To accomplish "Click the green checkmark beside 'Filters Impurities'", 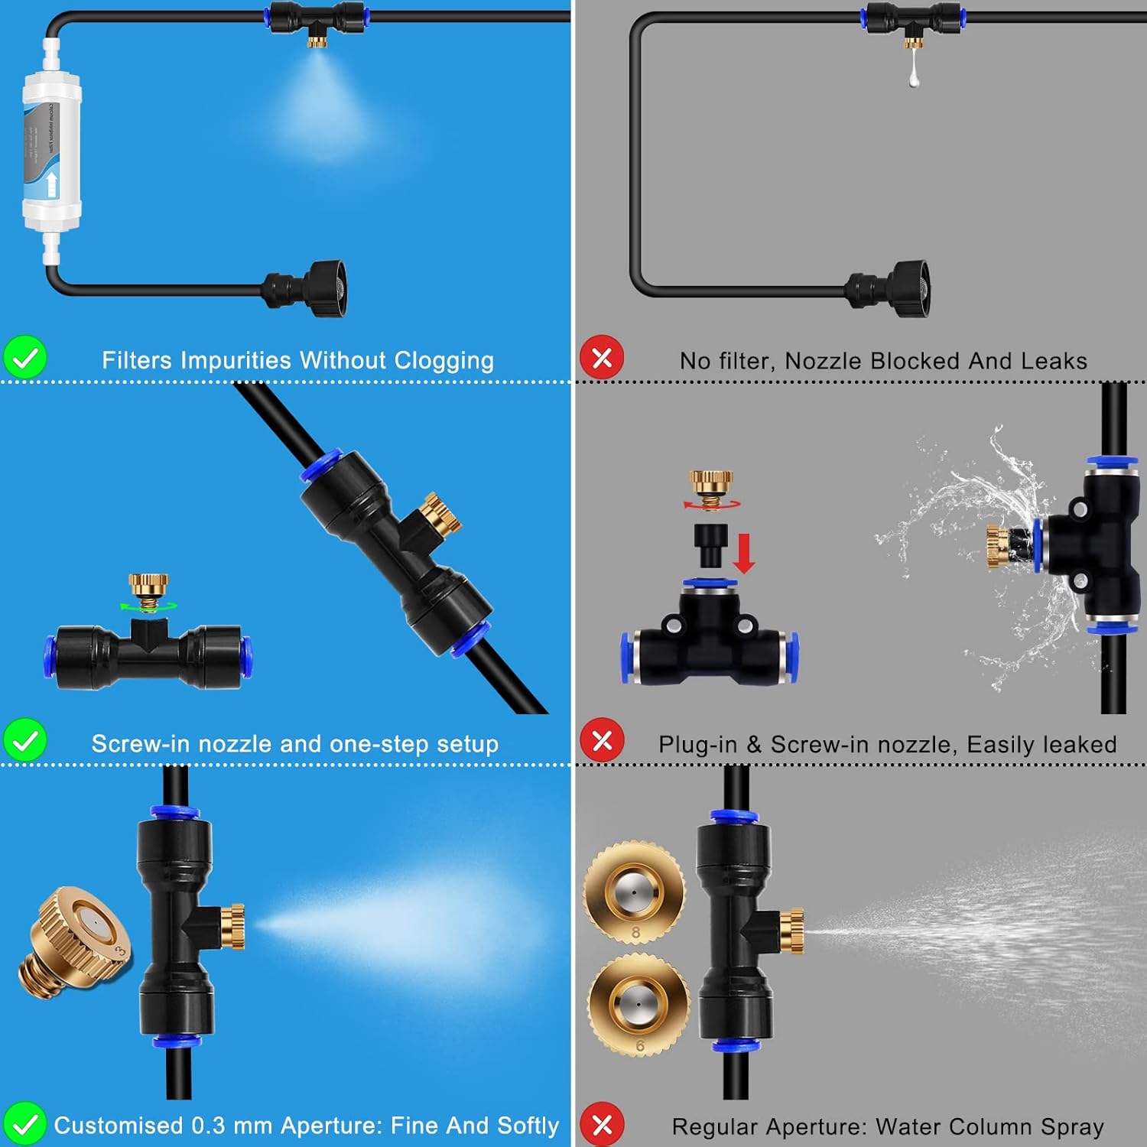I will pyautogui.click(x=25, y=358).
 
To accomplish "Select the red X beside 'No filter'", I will pyautogui.click(x=602, y=358).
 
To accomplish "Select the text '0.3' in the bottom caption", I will pyautogui.click(x=209, y=1126).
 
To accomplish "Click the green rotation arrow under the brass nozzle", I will pyautogui.click(x=148, y=606).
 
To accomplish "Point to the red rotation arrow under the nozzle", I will pyautogui.click(x=712, y=504).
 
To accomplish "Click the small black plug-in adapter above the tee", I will pyautogui.click(x=710, y=544).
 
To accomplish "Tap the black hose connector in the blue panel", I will pyautogui.click(x=306, y=288).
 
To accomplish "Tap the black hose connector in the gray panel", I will pyautogui.click(x=890, y=288).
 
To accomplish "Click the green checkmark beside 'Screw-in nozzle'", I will pyautogui.click(x=25, y=740).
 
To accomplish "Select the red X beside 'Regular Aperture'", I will pyautogui.click(x=602, y=1124).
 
